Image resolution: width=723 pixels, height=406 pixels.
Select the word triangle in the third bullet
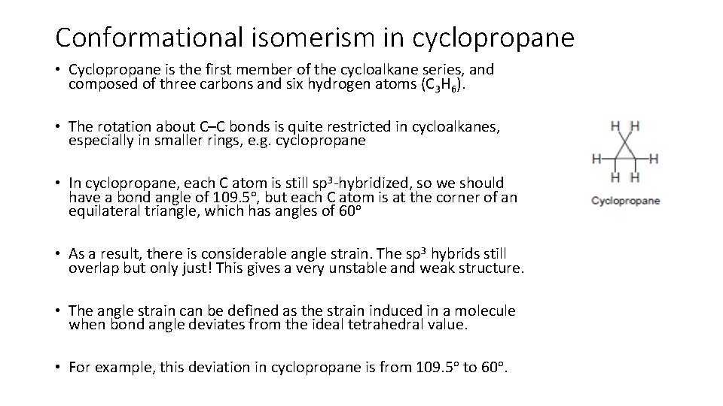(168, 212)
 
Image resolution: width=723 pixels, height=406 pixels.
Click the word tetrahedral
(394, 325)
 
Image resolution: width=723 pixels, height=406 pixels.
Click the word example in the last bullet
(119, 368)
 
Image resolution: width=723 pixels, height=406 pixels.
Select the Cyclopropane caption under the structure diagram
(626, 201)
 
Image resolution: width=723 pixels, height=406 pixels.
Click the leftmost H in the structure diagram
(596, 159)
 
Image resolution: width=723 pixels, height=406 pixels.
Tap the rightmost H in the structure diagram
(654, 159)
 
